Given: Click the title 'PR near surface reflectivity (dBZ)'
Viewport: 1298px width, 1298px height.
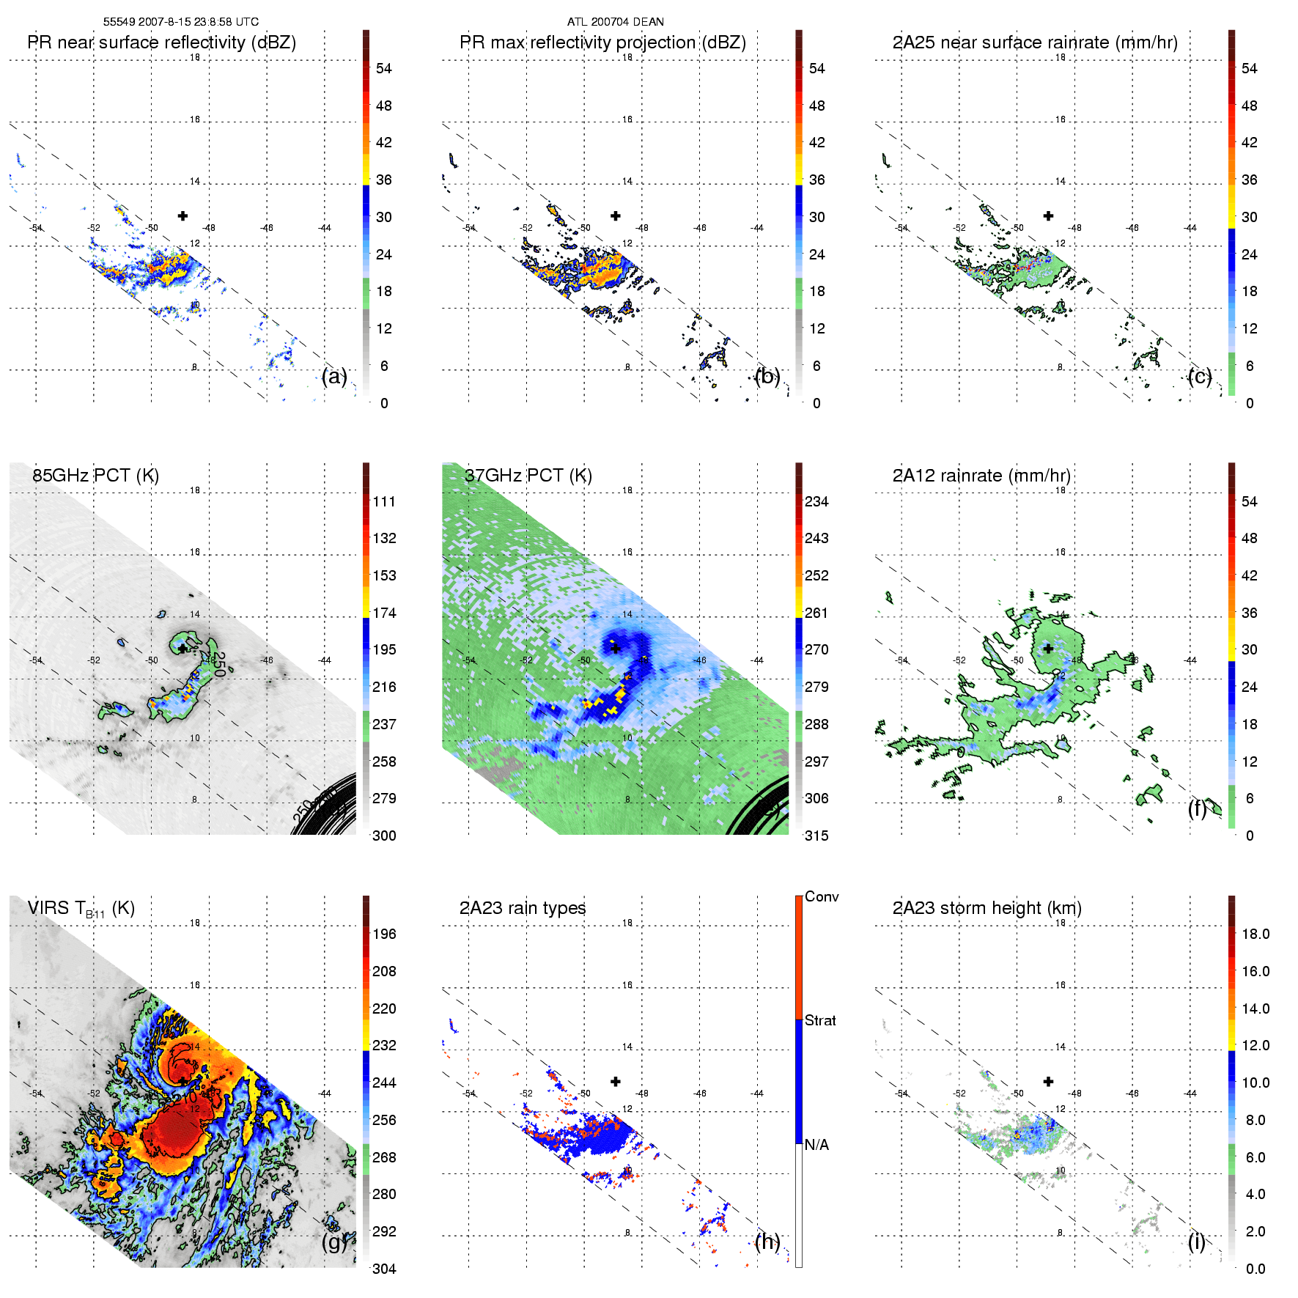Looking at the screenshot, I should (x=161, y=43).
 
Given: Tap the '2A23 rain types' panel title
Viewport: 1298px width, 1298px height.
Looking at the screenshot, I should (x=523, y=908).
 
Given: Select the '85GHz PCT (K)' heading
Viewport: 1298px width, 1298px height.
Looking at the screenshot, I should (x=95, y=476).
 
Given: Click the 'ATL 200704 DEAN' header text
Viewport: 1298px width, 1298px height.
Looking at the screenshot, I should (x=615, y=22).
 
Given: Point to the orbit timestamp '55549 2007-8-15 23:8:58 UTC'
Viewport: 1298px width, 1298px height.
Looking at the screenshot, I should (x=180, y=22).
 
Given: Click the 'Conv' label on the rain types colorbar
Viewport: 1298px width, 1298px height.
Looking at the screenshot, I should (x=821, y=896).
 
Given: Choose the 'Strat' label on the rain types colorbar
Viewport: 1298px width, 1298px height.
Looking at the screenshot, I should (x=820, y=1020).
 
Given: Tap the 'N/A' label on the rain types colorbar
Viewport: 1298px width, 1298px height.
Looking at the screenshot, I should (x=816, y=1145).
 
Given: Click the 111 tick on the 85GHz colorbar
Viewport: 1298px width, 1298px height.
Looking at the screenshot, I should (x=384, y=501).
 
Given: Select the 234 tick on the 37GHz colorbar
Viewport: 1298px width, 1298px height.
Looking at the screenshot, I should (x=816, y=501).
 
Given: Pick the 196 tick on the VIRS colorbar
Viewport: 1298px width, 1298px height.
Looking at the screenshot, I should (x=384, y=934).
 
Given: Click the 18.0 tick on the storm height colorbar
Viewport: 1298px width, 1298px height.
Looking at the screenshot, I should (x=1255, y=934).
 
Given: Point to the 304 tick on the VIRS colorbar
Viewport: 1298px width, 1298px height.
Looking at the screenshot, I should (x=384, y=1269).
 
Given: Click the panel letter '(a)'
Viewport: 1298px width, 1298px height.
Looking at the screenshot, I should (x=334, y=376).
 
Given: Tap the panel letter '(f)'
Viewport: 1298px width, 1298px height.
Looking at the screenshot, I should (x=1198, y=808).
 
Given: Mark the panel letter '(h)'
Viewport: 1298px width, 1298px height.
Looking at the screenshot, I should (x=767, y=1241).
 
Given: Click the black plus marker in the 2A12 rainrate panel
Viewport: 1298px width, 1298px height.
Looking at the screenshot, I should (x=1048, y=649).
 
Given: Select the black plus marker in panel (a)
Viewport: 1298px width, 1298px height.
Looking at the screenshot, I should (x=182, y=215).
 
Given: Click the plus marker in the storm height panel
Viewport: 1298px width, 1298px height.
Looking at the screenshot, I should (x=1048, y=1081).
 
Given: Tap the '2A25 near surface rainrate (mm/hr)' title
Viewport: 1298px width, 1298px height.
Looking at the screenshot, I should (x=1035, y=43).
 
